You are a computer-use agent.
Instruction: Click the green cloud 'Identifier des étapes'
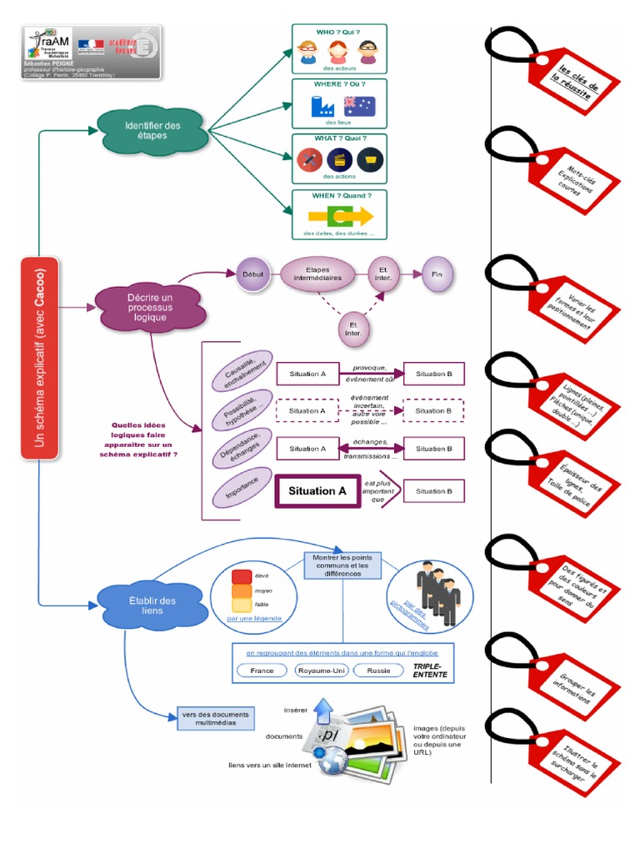pyautogui.click(x=152, y=130)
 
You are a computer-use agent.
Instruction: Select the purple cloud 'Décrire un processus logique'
pyautogui.click(x=150, y=307)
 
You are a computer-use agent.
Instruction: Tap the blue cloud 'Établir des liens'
pyautogui.click(x=152, y=605)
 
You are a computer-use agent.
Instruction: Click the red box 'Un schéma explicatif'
pyautogui.click(x=39, y=358)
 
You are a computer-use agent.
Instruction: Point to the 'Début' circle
pyautogui.click(x=252, y=274)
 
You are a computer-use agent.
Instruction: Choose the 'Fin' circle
pyautogui.click(x=437, y=274)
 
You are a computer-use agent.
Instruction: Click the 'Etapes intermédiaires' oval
pyautogui.click(x=317, y=274)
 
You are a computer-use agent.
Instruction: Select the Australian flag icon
pyautogui.click(x=359, y=106)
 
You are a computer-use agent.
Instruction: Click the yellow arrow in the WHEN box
pyautogui.click(x=340, y=217)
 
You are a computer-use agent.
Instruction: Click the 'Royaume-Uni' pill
pyautogui.click(x=322, y=670)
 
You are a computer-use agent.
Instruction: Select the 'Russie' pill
pyautogui.click(x=379, y=670)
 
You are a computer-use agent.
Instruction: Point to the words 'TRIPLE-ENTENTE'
pyautogui.click(x=430, y=671)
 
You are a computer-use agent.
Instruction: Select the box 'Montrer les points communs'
pyautogui.click(x=342, y=565)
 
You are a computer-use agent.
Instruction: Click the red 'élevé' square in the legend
pyautogui.click(x=242, y=576)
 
